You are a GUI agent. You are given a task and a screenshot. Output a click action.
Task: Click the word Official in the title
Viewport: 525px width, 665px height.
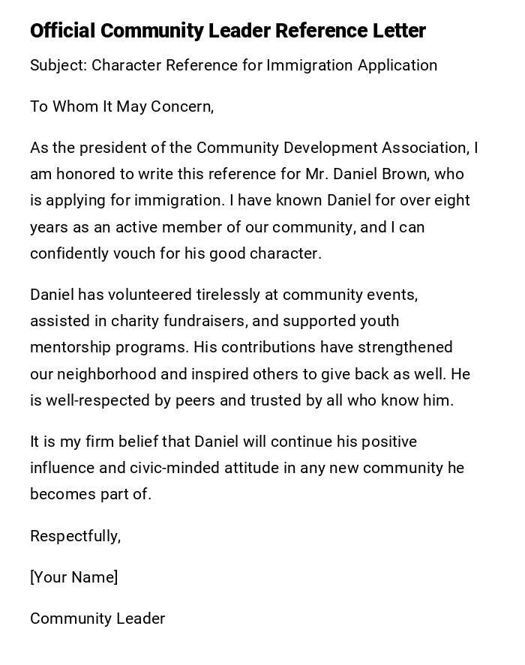62,31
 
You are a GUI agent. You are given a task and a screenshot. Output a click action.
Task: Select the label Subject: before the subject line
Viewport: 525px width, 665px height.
58,65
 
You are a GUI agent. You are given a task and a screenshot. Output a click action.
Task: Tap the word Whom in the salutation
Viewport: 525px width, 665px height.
73,106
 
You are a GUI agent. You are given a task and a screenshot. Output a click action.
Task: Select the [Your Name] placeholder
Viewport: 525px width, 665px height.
73,577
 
